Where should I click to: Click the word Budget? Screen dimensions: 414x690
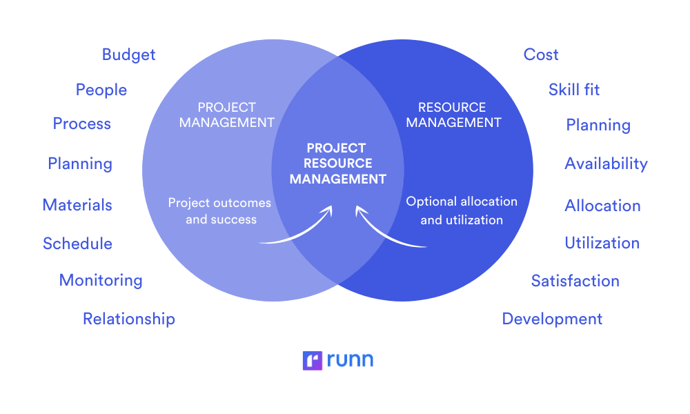(x=128, y=55)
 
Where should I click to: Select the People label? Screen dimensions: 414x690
(x=101, y=90)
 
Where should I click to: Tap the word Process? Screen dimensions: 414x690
(x=82, y=124)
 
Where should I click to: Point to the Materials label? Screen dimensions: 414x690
(x=77, y=205)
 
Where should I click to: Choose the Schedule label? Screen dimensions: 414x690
(x=77, y=244)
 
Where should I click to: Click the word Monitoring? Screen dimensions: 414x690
(x=101, y=280)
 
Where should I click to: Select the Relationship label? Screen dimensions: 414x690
(x=129, y=319)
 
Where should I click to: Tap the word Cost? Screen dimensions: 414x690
(x=541, y=55)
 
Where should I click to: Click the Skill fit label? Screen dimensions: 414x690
(x=574, y=90)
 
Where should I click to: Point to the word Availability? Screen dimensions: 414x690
(x=606, y=164)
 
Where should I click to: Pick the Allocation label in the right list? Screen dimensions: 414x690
(x=602, y=206)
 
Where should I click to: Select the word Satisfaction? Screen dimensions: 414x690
(x=575, y=281)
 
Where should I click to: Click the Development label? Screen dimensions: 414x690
(x=552, y=319)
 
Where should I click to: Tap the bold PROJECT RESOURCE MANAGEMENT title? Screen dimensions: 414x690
(x=337, y=164)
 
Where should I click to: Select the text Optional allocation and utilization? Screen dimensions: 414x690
(x=462, y=210)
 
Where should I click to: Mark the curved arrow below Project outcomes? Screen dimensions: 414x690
(x=297, y=231)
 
